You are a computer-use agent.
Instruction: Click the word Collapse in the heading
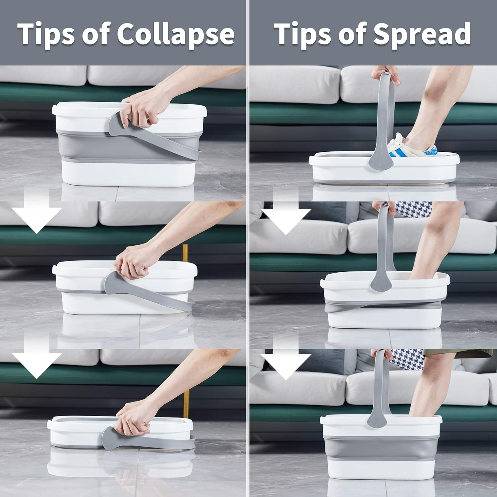[176, 34]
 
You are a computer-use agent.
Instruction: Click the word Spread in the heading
[422, 34]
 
